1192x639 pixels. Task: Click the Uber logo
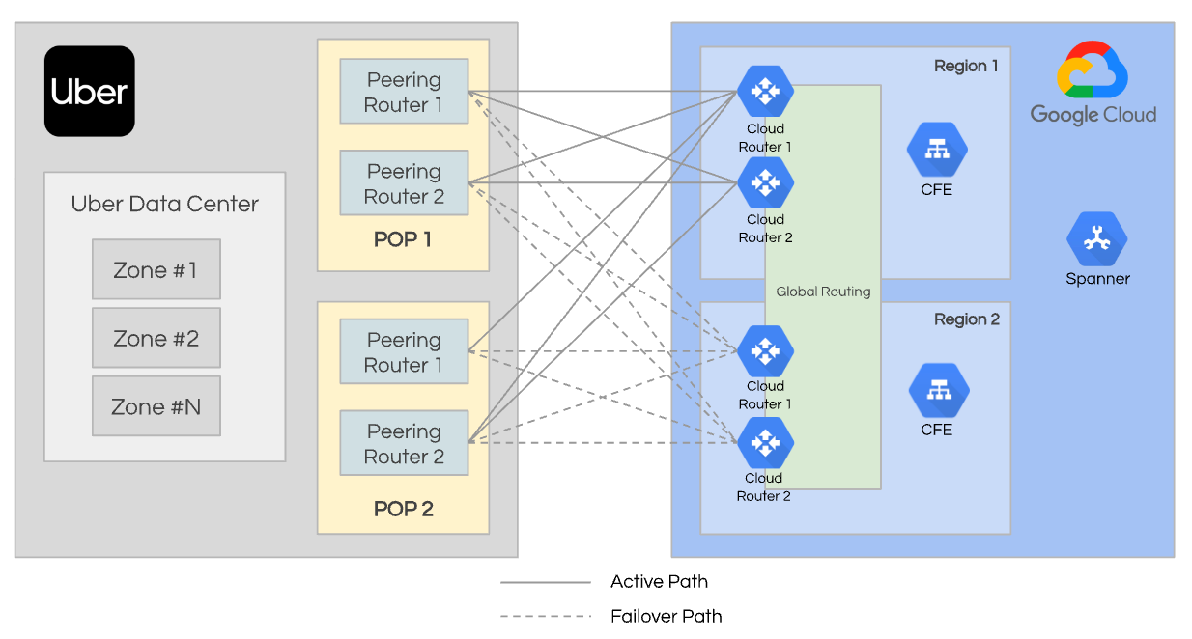point(89,92)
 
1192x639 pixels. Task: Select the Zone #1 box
point(156,269)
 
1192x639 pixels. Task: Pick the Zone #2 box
point(156,338)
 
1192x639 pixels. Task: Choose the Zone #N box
point(156,406)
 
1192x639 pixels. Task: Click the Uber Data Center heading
point(165,205)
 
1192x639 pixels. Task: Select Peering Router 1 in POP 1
point(404,92)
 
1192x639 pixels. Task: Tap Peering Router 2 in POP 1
point(404,183)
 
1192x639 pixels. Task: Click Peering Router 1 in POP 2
point(404,352)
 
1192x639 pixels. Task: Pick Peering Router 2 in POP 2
point(404,443)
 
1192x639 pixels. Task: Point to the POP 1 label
point(403,239)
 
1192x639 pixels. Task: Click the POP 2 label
point(403,509)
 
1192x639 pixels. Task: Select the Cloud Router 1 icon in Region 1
point(765,91)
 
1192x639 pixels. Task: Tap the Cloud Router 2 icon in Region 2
point(765,443)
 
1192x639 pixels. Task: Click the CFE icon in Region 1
point(936,150)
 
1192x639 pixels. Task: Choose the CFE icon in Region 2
point(938,391)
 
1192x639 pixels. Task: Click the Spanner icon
point(1096,239)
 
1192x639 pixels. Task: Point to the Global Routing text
point(823,292)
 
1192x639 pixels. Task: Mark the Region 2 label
point(967,319)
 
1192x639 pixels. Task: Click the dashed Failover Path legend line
point(545,616)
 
